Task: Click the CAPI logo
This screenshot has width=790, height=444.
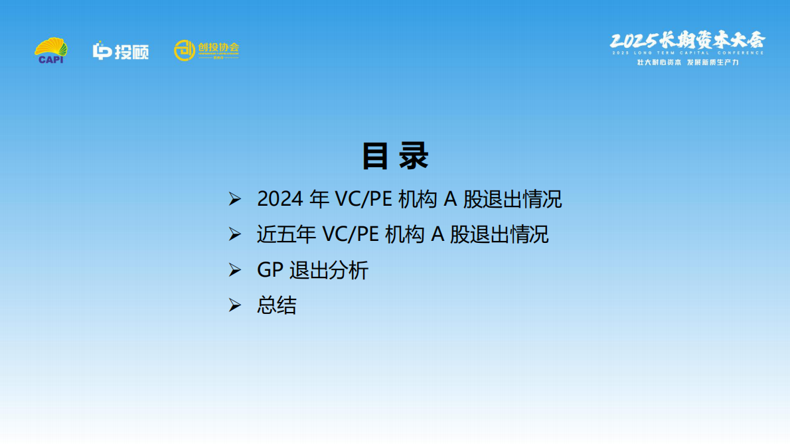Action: [x=50, y=50]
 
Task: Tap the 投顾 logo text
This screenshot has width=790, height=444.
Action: [x=121, y=51]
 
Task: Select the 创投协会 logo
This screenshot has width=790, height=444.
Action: [x=206, y=50]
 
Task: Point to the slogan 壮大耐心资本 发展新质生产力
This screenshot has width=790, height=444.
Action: [x=687, y=62]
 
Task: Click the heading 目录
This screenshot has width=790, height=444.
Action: [x=395, y=157]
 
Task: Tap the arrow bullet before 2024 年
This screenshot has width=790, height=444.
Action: [x=234, y=199]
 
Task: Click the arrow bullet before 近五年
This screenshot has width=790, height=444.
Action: [x=234, y=235]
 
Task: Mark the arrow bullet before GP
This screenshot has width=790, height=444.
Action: [x=234, y=271]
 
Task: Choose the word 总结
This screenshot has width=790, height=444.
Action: [x=277, y=306]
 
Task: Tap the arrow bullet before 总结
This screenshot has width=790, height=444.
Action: [x=234, y=306]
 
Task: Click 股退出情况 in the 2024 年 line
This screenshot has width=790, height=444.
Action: [x=512, y=199]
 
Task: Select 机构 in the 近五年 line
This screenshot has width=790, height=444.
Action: [x=404, y=235]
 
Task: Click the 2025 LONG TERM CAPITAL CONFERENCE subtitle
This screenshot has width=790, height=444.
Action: [x=687, y=52]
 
